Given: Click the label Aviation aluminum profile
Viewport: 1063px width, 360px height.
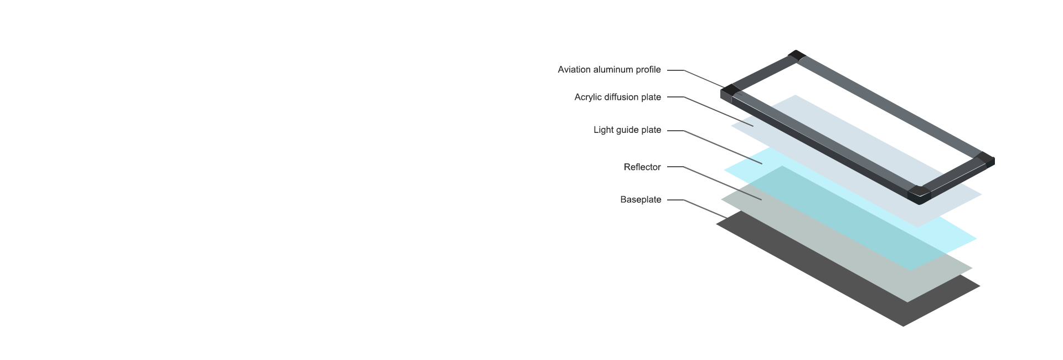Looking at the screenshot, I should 609,70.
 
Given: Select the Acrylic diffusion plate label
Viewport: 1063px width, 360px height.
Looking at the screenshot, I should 617,97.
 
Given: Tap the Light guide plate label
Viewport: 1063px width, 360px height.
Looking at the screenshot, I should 627,130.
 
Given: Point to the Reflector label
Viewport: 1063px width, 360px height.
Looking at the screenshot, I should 642,167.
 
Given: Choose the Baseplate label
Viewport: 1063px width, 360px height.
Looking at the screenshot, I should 641,200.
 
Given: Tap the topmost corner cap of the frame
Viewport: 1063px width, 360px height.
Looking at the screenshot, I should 797,55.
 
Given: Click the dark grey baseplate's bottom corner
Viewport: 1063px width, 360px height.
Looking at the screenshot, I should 904,325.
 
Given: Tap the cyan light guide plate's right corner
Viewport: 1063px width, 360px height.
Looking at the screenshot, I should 974,239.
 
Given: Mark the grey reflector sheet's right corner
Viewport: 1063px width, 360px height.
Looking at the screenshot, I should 970,269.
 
